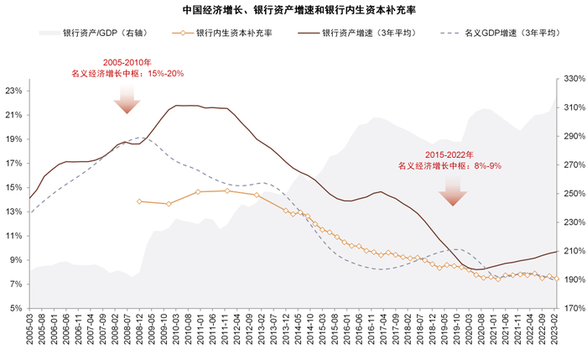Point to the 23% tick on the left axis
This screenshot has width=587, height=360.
[15, 90]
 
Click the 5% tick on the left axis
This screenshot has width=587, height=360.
[18, 308]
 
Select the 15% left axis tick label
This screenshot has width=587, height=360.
[15, 187]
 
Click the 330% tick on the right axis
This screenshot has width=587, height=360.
[573, 78]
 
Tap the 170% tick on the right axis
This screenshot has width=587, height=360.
[573, 308]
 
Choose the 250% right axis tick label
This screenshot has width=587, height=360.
[573, 193]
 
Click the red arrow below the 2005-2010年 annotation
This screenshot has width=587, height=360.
[127, 101]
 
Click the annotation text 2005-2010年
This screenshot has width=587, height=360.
[127, 63]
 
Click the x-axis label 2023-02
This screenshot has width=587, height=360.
[555, 329]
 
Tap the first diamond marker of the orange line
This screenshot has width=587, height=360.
[139, 201]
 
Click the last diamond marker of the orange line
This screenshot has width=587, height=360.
[557, 279]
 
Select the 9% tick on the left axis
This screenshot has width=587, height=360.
[18, 259]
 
